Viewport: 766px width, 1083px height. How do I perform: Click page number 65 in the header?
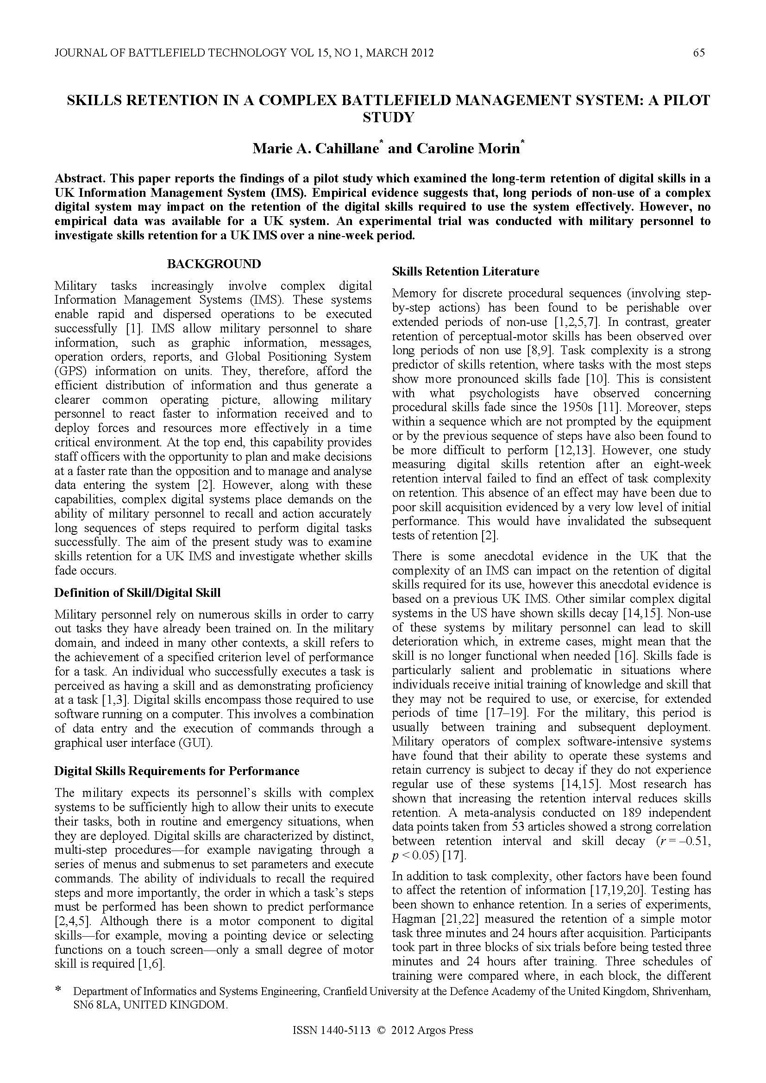(698, 53)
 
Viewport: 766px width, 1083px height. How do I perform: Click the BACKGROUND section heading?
(213, 264)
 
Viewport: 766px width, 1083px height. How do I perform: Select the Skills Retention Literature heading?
(465, 272)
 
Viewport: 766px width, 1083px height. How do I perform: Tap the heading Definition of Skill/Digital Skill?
(137, 593)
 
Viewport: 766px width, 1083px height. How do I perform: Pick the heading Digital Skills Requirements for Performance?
(177, 771)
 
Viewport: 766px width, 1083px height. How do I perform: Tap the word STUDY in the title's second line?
(388, 118)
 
